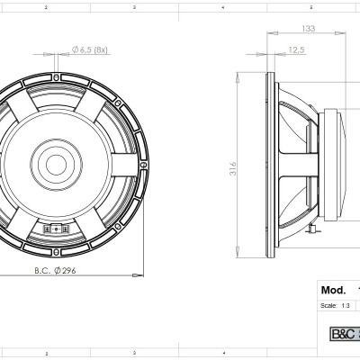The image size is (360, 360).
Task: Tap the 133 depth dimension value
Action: pos(309,29)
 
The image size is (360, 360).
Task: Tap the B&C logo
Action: pos(343,333)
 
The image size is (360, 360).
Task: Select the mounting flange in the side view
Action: pos(269,162)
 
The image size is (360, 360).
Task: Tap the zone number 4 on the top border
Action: pos(222,6)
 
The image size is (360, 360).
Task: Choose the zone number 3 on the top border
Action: pos(133,6)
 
